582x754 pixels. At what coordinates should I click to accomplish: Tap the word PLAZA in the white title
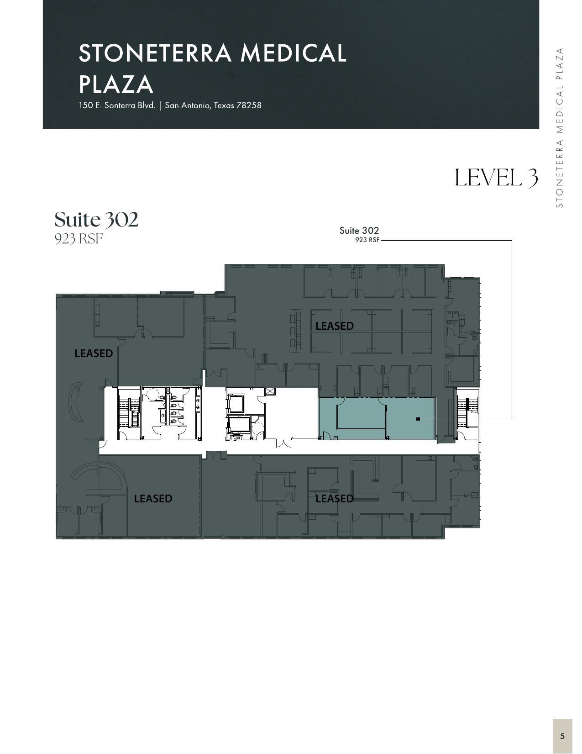coord(116,84)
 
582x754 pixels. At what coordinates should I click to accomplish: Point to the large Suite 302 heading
coord(96,219)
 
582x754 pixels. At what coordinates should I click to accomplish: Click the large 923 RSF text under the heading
coord(79,239)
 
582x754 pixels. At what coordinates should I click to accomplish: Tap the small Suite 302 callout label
coord(359,231)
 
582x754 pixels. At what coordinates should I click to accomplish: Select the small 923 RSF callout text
coord(367,240)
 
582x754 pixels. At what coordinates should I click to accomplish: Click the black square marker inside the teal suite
coord(418,419)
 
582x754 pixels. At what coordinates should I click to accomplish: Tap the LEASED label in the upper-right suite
coord(335,326)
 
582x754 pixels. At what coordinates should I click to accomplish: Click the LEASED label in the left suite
coord(94,353)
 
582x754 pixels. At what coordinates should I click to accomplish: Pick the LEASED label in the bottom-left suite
coord(153,499)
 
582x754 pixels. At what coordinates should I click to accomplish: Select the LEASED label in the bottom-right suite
coord(335,499)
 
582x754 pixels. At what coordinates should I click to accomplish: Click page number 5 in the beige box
coord(562,736)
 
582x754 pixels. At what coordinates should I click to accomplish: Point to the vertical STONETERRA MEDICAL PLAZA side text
coord(560,128)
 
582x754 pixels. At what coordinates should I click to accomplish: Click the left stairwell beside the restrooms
coord(129,413)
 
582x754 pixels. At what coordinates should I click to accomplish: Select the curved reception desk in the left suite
coord(75,402)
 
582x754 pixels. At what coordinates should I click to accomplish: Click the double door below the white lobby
coord(283,442)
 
